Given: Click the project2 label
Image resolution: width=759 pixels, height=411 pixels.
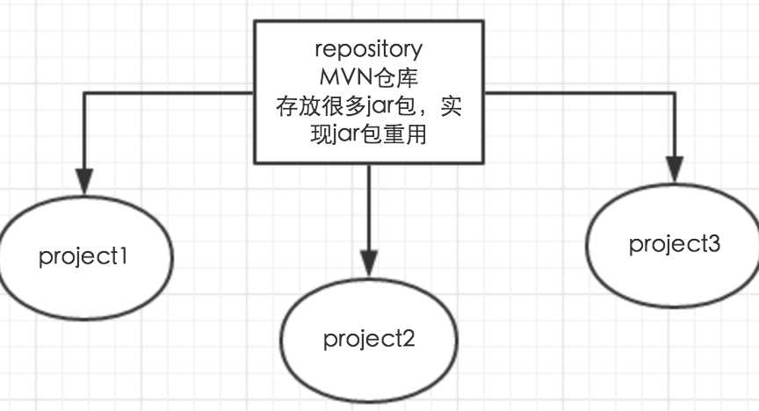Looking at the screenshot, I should pos(369,338).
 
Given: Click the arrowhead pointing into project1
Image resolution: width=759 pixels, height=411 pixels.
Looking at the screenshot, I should pos(84,182).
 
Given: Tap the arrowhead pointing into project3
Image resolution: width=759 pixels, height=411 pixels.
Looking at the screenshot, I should pos(674,169).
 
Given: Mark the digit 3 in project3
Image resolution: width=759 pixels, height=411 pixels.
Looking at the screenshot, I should pos(713,243).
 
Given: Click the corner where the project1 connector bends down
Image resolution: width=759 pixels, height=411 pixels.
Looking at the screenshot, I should pos(84,90).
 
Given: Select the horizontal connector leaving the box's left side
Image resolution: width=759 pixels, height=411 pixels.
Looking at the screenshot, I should pos(167,90).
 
